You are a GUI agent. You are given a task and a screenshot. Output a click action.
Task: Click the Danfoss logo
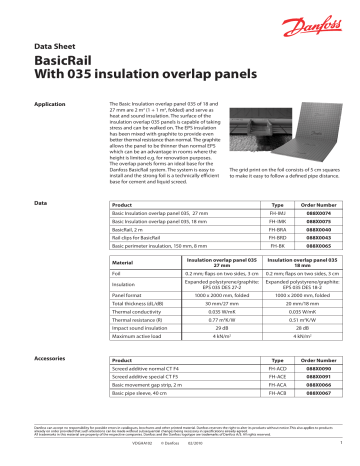(319, 19)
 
